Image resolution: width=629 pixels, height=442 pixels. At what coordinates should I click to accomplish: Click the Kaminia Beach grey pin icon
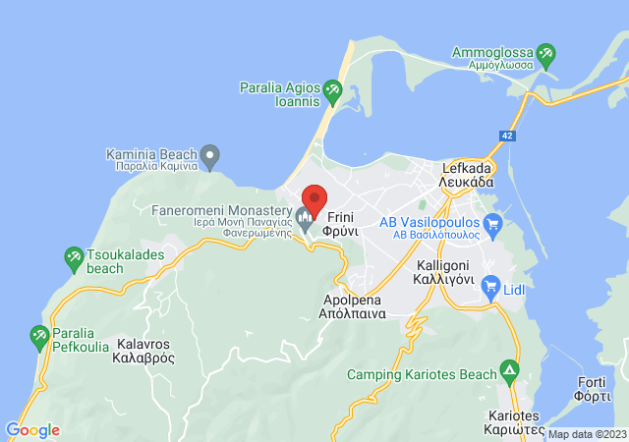pos(209,155)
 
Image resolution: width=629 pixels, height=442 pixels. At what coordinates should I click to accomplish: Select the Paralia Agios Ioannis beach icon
pos(332,93)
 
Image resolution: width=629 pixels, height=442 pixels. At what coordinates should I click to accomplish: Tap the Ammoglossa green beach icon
pos(545,53)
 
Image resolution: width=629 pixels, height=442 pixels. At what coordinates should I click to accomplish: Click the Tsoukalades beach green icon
pos(73,258)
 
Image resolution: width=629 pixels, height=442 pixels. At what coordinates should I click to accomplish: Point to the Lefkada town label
pos(467,175)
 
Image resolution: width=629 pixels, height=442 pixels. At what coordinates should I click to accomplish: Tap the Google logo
pos(32,430)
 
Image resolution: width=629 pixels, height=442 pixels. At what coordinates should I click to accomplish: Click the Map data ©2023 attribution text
pos(586,434)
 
